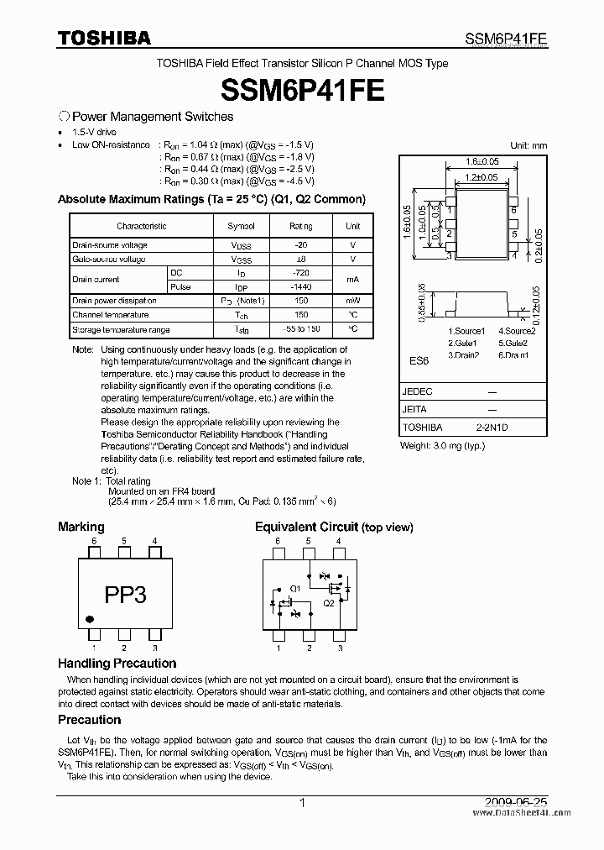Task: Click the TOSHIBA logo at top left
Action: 104,38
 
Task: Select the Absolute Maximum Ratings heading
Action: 211,200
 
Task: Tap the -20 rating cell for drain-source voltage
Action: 300,245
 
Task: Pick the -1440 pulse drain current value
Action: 300,286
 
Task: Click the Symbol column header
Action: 241,226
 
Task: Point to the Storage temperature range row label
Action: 121,329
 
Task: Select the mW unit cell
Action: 352,301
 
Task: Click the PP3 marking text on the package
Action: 125,595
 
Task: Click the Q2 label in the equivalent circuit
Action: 329,603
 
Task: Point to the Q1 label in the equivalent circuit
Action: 295,587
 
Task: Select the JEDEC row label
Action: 418,392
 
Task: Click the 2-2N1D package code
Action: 492,428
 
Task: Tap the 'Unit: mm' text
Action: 528,145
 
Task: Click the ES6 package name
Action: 419,360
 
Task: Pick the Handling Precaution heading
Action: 117,664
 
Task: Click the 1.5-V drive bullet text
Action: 94,133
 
